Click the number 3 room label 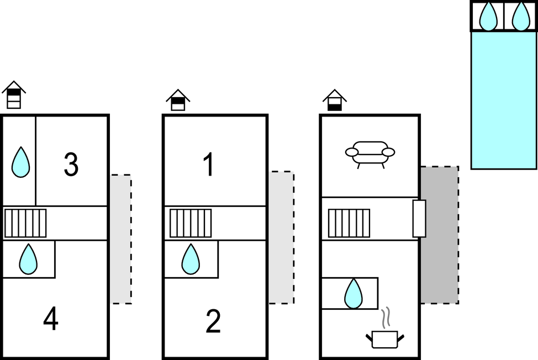pyautogui.click(x=71, y=164)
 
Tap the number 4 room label pyautogui.click(x=51, y=319)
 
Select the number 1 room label pyautogui.click(x=208, y=164)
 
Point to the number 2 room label pyautogui.click(x=213, y=321)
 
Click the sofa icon pyautogui.click(x=370, y=153)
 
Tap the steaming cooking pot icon pyautogui.click(x=385, y=332)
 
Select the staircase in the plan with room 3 pyautogui.click(x=25, y=223)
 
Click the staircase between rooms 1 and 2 pyautogui.click(x=191, y=223)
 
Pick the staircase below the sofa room pyautogui.click(x=349, y=223)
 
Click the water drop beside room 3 pyautogui.click(x=20, y=162)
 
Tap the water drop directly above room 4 pyautogui.click(x=28, y=259)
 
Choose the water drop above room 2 pyautogui.click(x=191, y=259)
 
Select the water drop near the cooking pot pyautogui.click(x=353, y=293)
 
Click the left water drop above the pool pyautogui.click(x=488, y=16)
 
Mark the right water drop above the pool pyautogui.click(x=520, y=16)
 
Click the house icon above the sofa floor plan pyautogui.click(x=335, y=100)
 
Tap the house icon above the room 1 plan pyautogui.click(x=178, y=100)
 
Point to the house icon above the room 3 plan pyautogui.click(x=14, y=95)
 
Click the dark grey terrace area pyautogui.click(x=440, y=235)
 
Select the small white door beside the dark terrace pyautogui.click(x=419, y=219)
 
